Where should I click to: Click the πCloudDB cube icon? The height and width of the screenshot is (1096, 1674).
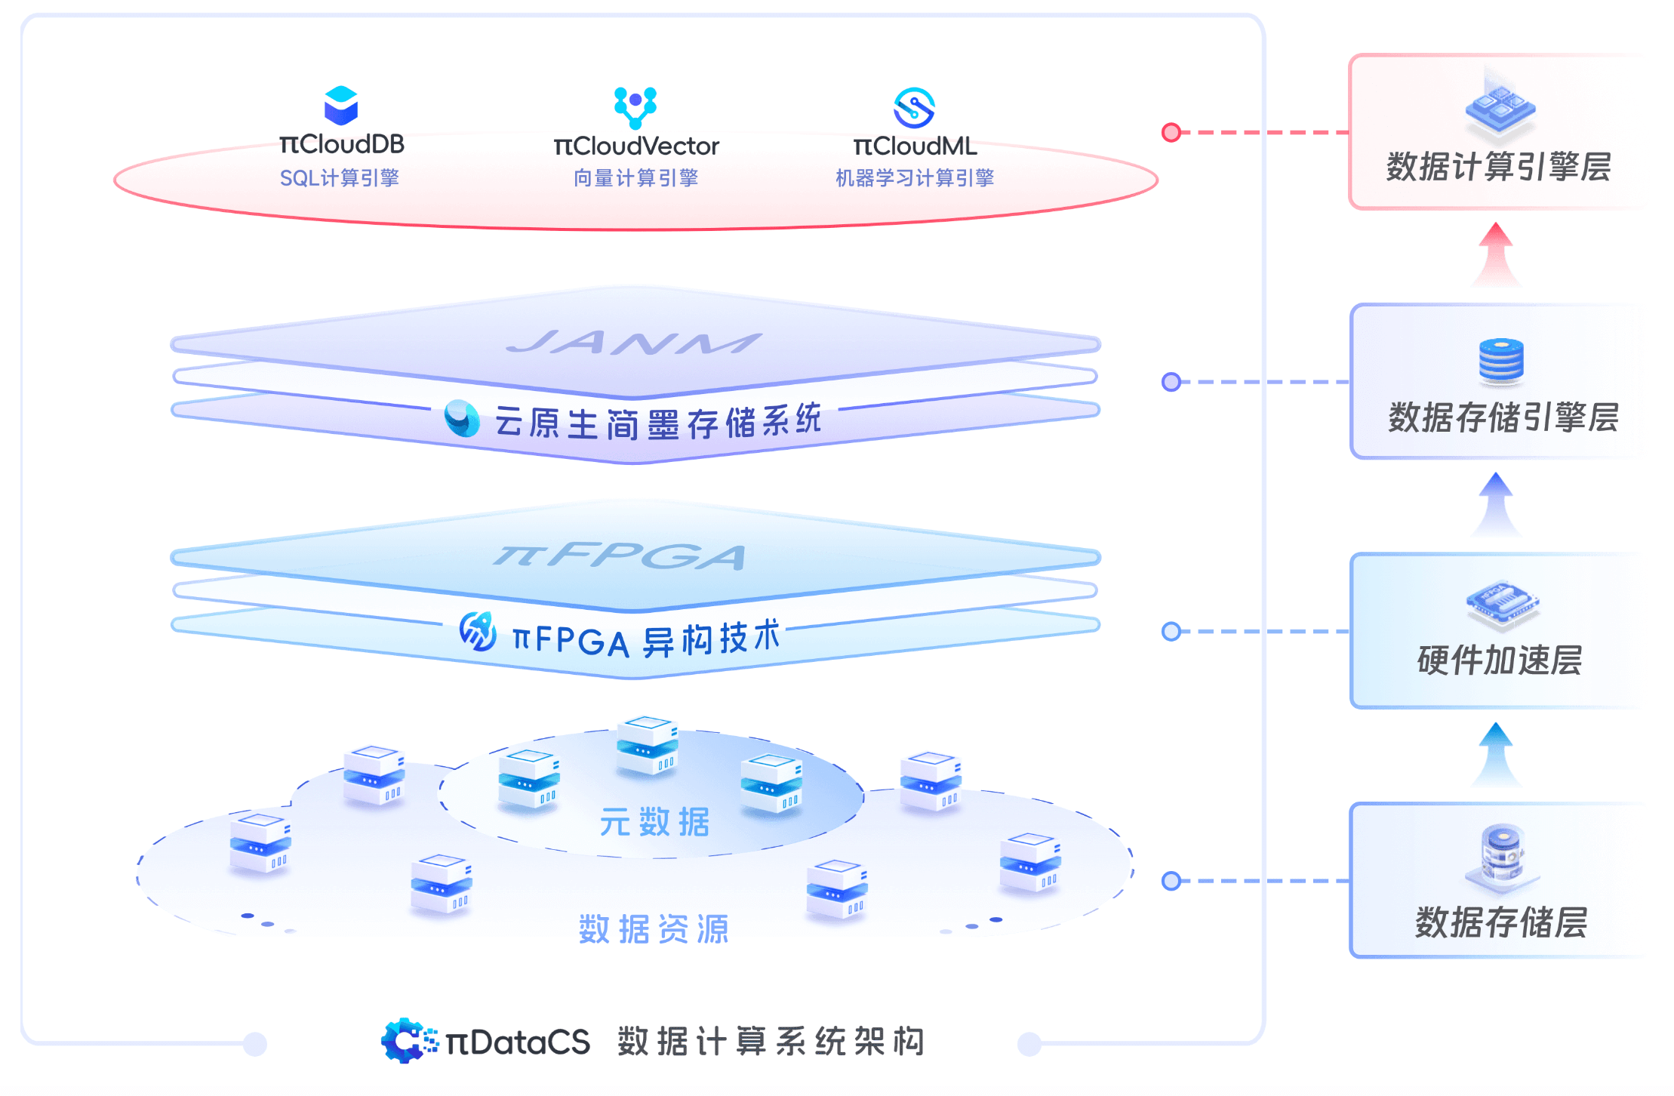(341, 105)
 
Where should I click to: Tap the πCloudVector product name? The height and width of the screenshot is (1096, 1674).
(636, 146)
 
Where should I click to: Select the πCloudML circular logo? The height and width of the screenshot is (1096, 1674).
(914, 108)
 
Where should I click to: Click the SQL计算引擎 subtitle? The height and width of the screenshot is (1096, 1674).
(340, 178)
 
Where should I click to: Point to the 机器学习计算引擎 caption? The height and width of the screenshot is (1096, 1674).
(915, 178)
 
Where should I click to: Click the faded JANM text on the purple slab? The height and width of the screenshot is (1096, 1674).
(634, 343)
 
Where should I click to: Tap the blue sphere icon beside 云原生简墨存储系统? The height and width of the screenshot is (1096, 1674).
(462, 418)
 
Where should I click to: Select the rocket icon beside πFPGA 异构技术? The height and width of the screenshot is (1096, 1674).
(479, 632)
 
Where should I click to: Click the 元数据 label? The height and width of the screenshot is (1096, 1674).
(655, 822)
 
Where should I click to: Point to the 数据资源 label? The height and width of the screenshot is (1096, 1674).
(654, 929)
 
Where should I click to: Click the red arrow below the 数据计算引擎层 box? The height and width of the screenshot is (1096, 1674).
(1496, 254)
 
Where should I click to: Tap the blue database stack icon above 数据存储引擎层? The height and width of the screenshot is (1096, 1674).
(1501, 360)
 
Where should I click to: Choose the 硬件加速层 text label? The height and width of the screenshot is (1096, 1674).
(1500, 660)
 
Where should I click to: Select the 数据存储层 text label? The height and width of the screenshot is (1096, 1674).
(1501, 922)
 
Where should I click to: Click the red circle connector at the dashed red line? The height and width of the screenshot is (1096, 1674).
(1171, 133)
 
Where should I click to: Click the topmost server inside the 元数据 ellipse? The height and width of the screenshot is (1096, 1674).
(647, 745)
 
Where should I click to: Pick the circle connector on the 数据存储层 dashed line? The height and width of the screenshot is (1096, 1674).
(1171, 881)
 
